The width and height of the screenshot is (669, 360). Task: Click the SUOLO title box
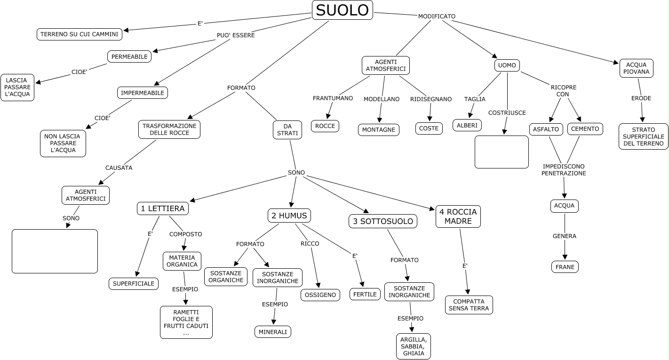click(x=342, y=10)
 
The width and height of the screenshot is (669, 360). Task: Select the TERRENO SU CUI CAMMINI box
click(x=80, y=34)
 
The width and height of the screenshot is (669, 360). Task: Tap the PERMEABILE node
click(x=129, y=56)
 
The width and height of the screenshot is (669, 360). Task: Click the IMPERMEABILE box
click(x=143, y=93)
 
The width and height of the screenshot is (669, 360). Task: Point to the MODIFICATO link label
click(x=437, y=16)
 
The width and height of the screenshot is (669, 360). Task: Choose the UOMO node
click(x=507, y=65)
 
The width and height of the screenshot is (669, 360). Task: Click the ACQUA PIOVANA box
click(x=637, y=68)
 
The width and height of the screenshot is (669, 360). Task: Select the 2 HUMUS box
click(x=289, y=216)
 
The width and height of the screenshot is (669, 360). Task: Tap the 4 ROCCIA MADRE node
click(x=458, y=216)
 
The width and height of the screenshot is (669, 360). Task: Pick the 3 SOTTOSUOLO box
click(x=383, y=221)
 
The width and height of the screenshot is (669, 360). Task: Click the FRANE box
click(x=565, y=267)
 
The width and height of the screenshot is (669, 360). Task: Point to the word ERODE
click(x=641, y=98)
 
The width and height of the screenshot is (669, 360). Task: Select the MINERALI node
click(x=273, y=332)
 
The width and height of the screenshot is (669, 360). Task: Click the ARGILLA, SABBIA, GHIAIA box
click(x=414, y=346)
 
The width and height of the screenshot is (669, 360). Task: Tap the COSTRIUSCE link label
click(x=507, y=112)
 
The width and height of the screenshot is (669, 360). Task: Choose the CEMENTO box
click(x=585, y=129)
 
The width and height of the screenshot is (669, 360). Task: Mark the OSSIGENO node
click(x=320, y=295)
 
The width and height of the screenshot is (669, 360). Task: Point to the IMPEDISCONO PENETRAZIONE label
click(x=564, y=170)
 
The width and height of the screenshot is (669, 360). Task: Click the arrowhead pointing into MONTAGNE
click(x=380, y=120)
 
